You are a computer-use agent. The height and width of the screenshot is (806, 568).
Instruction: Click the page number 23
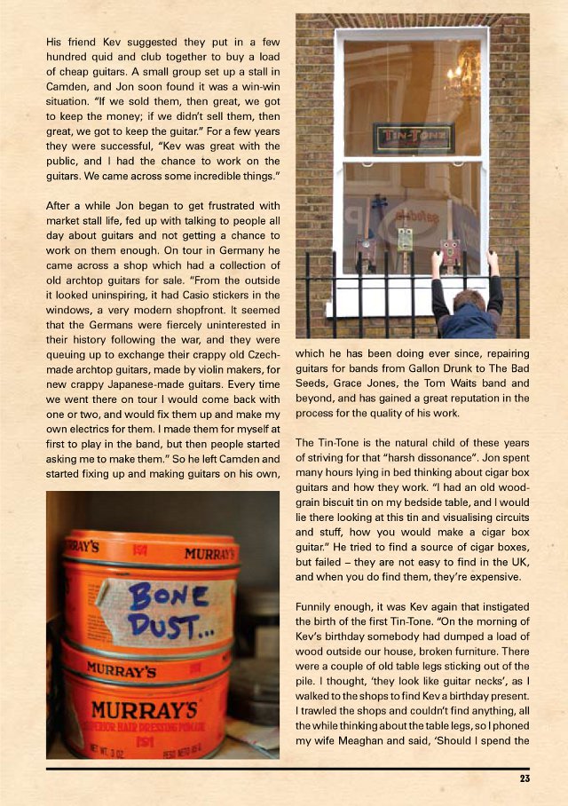tap(525, 779)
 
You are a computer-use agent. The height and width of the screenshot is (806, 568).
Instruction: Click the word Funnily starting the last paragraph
tap(318, 606)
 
